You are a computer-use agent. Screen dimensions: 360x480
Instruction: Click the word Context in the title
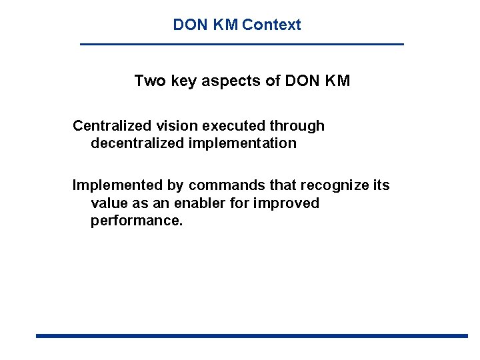coord(271,25)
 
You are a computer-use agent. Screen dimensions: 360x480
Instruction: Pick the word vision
coord(175,126)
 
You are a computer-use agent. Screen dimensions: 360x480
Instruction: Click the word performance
coord(136,221)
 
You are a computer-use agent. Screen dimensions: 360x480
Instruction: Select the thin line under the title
coord(241,44)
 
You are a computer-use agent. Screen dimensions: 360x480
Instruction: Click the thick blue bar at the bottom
coord(251,336)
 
